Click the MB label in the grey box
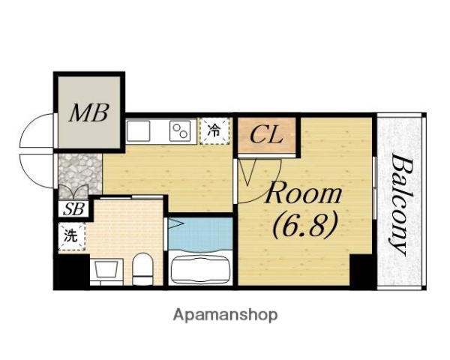[89, 112]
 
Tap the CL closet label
[266, 135]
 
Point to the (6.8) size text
[304, 226]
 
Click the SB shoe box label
[73, 209]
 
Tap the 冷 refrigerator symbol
[214, 130]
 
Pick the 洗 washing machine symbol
[71, 236]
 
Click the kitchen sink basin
[138, 130]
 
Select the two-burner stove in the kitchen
[180, 130]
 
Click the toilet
[143, 269]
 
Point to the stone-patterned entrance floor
[80, 175]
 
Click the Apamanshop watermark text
[225, 316]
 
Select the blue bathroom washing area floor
[200, 233]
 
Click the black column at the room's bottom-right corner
[362, 271]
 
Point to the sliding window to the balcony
[374, 188]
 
